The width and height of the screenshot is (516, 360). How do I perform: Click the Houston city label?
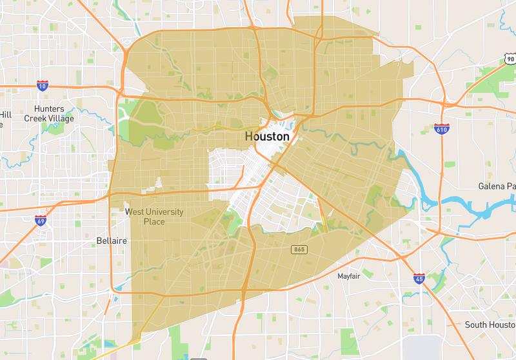(267, 137)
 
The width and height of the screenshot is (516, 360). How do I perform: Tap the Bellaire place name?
(112, 241)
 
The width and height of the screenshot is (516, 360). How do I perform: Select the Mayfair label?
(352, 276)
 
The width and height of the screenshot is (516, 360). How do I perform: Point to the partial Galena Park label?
(497, 186)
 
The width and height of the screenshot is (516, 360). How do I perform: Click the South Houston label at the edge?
(490, 325)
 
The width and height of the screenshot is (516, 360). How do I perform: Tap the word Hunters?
(50, 109)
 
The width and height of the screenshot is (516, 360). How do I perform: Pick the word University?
(164, 212)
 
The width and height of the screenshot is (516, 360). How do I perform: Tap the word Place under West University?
(154, 222)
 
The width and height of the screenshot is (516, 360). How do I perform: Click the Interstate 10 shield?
(42, 85)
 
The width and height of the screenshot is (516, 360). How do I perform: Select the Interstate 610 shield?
(442, 129)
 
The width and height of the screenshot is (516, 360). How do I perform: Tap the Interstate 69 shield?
(41, 220)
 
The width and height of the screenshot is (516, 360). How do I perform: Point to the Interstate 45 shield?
(419, 278)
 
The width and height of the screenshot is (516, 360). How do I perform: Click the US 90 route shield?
(510, 59)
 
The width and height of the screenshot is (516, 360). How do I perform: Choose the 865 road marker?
(298, 249)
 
